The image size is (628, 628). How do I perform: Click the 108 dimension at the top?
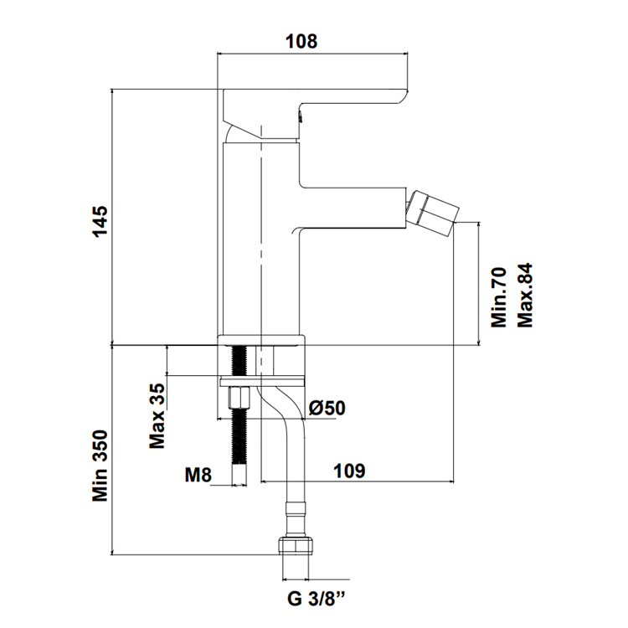click(301, 41)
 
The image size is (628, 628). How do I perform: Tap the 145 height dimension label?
click(100, 222)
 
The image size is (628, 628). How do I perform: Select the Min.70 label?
click(499, 297)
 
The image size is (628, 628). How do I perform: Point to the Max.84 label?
click(525, 296)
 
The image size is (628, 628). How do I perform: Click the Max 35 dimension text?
click(157, 415)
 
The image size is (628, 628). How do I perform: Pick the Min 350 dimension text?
click(100, 466)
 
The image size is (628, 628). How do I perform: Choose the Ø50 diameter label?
click(327, 408)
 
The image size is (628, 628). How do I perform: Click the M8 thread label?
click(198, 475)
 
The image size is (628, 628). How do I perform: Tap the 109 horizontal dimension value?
click(350, 471)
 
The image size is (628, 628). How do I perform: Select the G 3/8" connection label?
click(317, 600)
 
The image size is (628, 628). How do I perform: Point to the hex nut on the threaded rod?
click(239, 397)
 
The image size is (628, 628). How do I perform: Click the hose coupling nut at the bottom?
click(296, 544)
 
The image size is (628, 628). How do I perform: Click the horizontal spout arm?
click(353, 208)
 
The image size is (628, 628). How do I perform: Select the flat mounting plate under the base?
click(262, 381)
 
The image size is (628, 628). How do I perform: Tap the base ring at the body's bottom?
click(261, 340)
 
